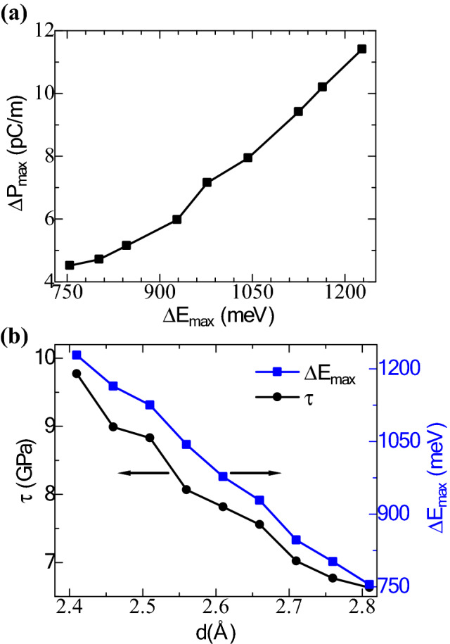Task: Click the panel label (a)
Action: tap(16, 13)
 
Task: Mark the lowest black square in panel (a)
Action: tap(70, 265)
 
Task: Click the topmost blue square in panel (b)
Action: tap(77, 355)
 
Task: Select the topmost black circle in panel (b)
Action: tap(77, 373)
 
